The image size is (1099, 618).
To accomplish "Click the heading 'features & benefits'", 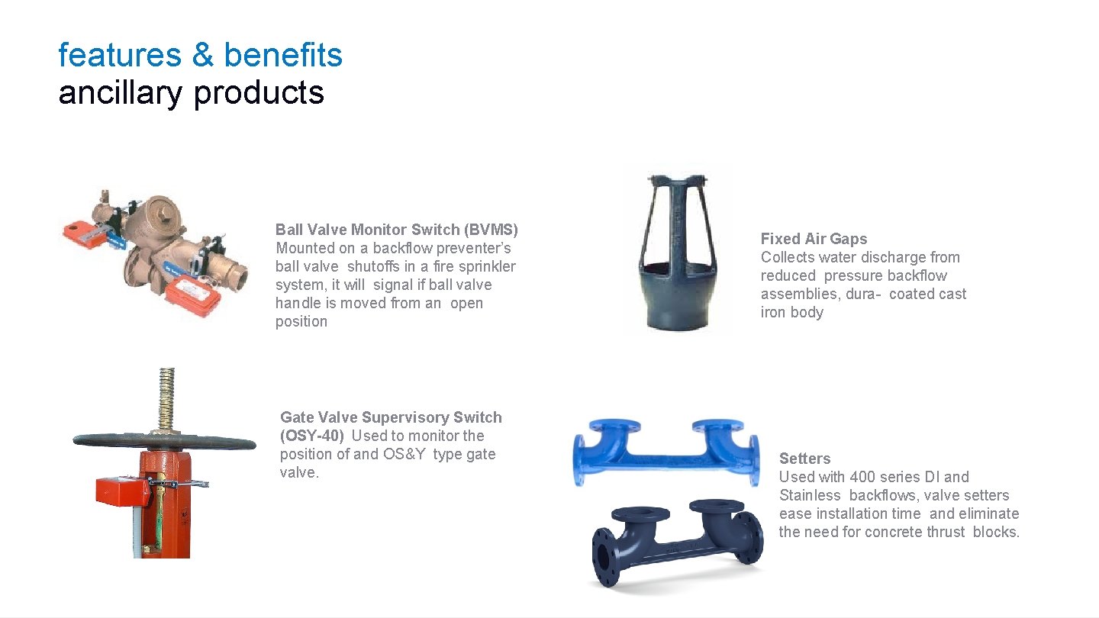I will click(x=200, y=55).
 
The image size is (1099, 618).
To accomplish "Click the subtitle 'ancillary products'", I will click(x=191, y=92).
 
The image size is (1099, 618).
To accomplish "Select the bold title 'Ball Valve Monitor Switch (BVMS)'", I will click(x=396, y=230).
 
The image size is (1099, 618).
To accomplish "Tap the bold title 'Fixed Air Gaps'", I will click(x=814, y=239).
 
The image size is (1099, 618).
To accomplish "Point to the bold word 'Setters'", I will click(x=804, y=459).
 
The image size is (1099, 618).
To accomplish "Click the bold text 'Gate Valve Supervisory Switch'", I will click(x=391, y=417).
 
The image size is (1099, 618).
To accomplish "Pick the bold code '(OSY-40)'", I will click(x=312, y=436).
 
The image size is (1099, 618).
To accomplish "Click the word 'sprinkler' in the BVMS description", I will click(x=486, y=266).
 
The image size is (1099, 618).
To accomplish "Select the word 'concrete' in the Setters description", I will click(x=899, y=532).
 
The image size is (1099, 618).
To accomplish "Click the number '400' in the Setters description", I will click(x=862, y=477).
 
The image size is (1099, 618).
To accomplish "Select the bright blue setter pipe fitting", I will click(x=666, y=450).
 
